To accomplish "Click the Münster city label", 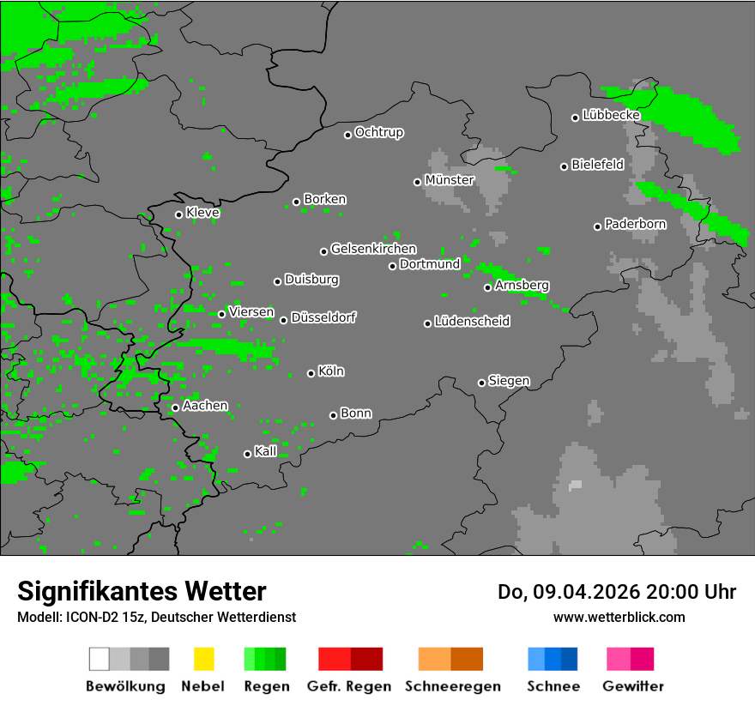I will [x=450, y=180].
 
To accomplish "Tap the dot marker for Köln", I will [x=311, y=373].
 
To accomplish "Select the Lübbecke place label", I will [x=611, y=115].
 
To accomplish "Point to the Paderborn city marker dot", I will [x=597, y=226].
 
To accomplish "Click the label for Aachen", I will [x=205, y=406].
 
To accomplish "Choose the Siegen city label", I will [x=509, y=381].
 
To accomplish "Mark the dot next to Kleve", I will [x=178, y=214].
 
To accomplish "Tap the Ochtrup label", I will [x=379, y=133].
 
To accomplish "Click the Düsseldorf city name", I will [x=323, y=317].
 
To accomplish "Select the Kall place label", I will [x=266, y=451].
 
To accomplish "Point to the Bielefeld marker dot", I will [x=564, y=166].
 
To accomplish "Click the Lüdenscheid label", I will [x=472, y=322].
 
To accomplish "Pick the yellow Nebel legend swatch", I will [x=203, y=659].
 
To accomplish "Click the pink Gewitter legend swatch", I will [x=618, y=659].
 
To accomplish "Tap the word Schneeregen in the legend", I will [x=452, y=686].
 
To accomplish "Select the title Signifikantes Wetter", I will [x=142, y=591].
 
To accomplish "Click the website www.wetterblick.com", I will [x=619, y=617].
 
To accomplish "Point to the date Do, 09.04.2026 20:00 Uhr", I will [x=616, y=592].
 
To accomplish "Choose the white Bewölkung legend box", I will [x=100, y=659].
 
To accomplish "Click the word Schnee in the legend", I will [x=553, y=686].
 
